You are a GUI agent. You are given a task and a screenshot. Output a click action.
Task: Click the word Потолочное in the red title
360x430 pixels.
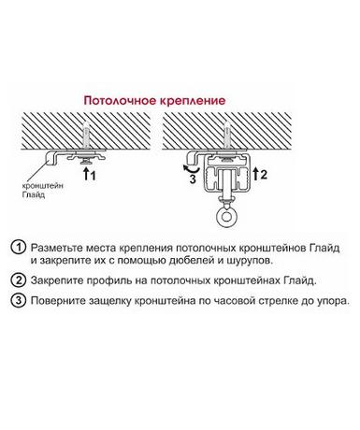point(120,101)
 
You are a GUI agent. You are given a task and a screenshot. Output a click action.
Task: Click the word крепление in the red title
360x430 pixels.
point(193,101)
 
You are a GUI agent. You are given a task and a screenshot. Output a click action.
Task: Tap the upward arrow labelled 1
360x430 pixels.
point(85,174)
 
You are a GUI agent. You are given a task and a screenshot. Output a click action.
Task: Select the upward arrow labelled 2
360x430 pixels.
point(255,174)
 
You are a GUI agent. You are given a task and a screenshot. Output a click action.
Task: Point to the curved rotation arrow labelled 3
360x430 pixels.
point(191,169)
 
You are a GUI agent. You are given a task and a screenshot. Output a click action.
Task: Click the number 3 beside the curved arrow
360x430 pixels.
point(193,179)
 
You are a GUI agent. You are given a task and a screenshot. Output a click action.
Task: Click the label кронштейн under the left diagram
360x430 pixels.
point(43,186)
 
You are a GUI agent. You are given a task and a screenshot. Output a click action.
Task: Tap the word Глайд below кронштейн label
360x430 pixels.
point(34,195)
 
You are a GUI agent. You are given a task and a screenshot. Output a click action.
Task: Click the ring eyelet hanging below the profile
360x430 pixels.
point(226,216)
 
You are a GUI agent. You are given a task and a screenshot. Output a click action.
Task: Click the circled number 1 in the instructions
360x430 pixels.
point(19,248)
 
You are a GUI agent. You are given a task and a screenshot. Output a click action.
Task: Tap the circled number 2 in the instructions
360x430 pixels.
point(19,280)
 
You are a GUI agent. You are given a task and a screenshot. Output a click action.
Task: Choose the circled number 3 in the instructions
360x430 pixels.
point(19,300)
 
